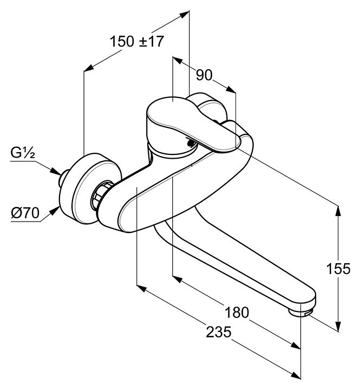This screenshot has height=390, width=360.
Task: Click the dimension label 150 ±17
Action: (x=136, y=41)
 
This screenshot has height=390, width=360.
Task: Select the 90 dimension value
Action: (x=204, y=75)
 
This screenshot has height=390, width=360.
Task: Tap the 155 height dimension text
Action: (x=339, y=269)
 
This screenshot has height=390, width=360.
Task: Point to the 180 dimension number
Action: (x=237, y=312)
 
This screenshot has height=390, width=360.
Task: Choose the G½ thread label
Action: (x=22, y=153)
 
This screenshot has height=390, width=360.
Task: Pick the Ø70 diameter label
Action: (x=24, y=213)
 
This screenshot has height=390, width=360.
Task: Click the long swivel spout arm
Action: (x=233, y=265)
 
